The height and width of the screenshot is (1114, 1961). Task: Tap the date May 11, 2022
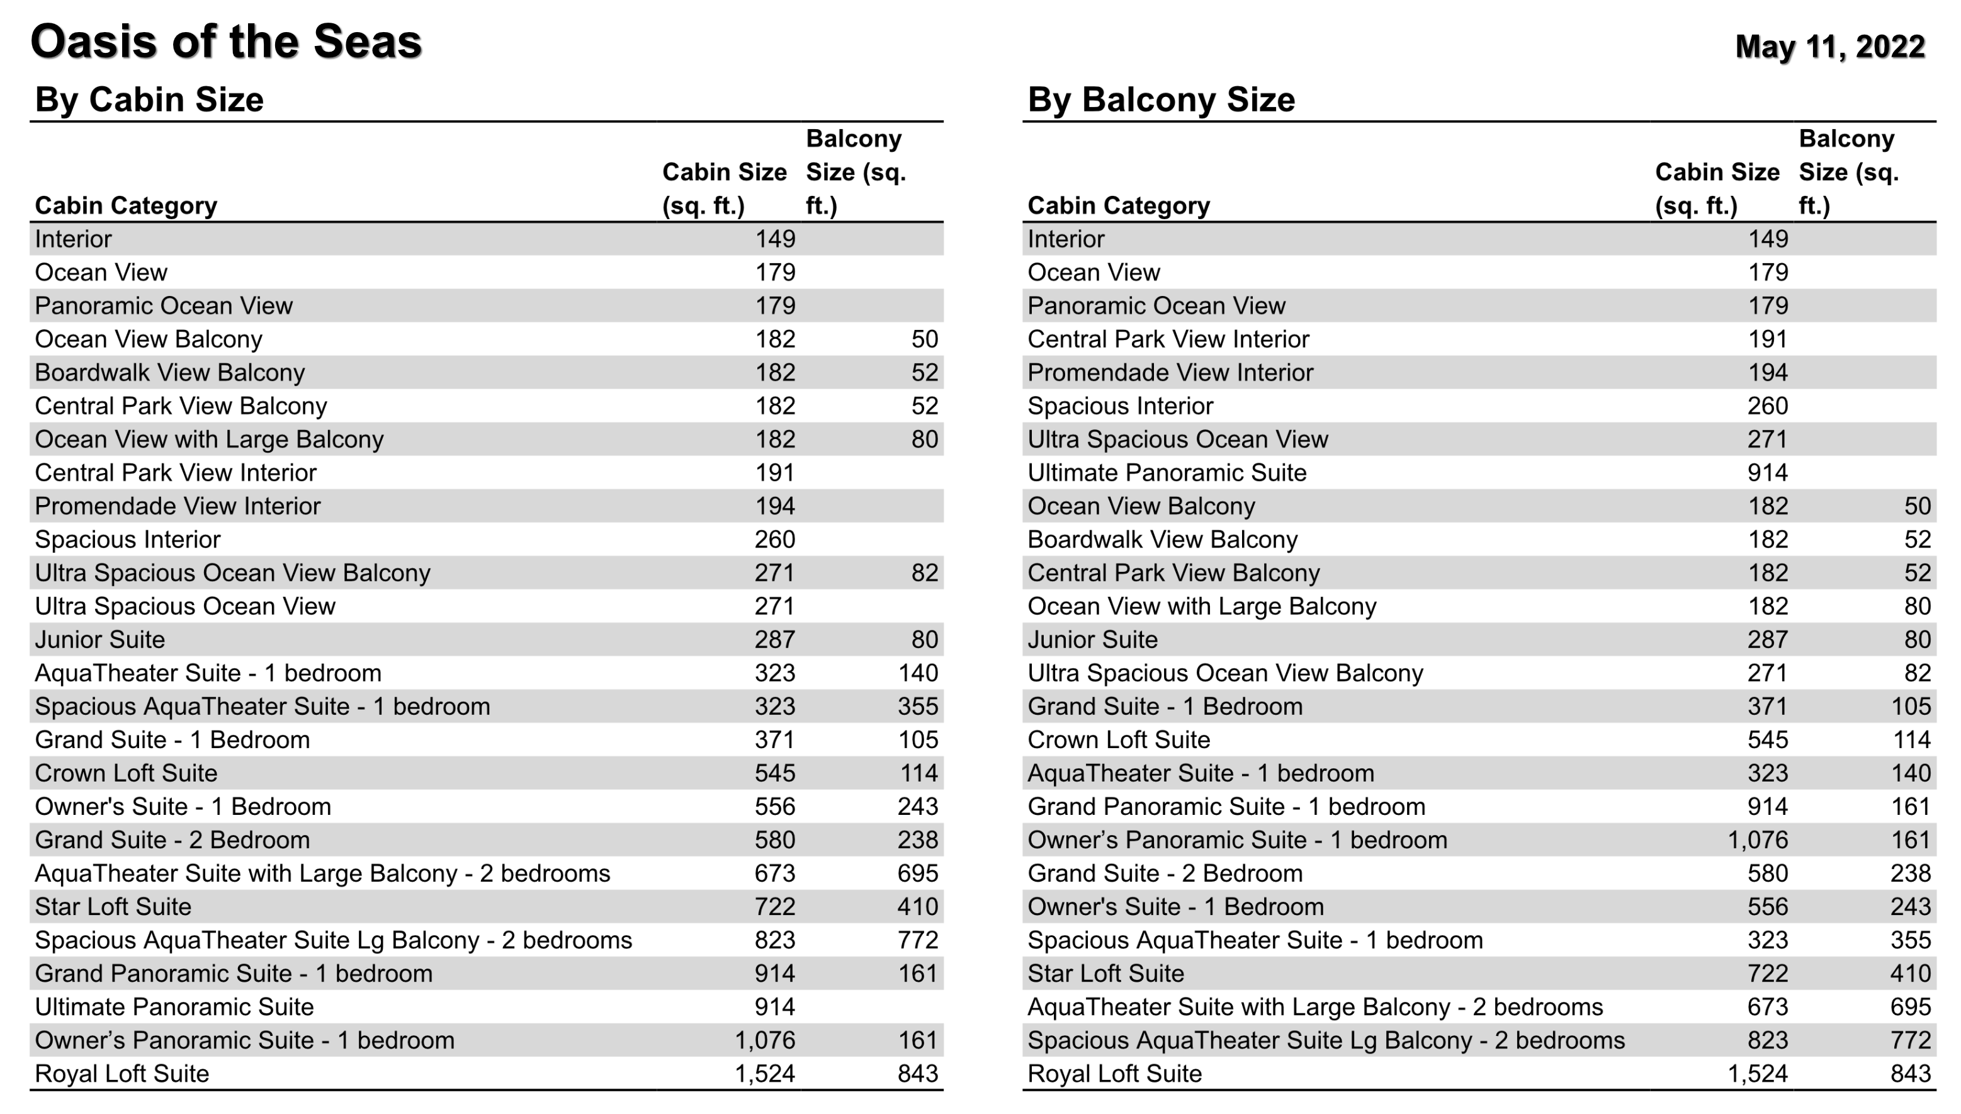pyautogui.click(x=1829, y=47)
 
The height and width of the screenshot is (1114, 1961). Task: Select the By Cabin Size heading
pyautogui.click(x=149, y=100)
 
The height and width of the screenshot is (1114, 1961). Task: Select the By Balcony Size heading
pyautogui.click(x=1161, y=100)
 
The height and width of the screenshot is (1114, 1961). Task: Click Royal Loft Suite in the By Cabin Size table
pyautogui.click(x=122, y=1074)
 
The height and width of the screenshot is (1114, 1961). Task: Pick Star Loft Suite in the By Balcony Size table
pyautogui.click(x=1105, y=973)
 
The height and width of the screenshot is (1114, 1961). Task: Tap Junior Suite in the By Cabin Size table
pyautogui.click(x=99, y=640)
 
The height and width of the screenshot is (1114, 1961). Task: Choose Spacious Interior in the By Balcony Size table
pyautogui.click(x=1121, y=406)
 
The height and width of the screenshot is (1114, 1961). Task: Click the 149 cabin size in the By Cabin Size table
pyautogui.click(x=775, y=239)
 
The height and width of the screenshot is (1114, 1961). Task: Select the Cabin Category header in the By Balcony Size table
pyautogui.click(x=1118, y=205)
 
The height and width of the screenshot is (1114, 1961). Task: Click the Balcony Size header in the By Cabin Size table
pyautogui.click(x=855, y=172)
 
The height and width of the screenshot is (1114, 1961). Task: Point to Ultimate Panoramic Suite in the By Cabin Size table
pyautogui.click(x=174, y=1007)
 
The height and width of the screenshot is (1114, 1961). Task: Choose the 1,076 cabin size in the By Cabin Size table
pyautogui.click(x=764, y=1040)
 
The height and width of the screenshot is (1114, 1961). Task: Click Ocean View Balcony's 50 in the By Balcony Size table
pyautogui.click(x=1917, y=506)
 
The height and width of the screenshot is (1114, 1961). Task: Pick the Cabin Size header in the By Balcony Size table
pyautogui.click(x=1716, y=188)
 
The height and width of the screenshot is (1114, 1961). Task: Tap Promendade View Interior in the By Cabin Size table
pyautogui.click(x=178, y=506)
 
